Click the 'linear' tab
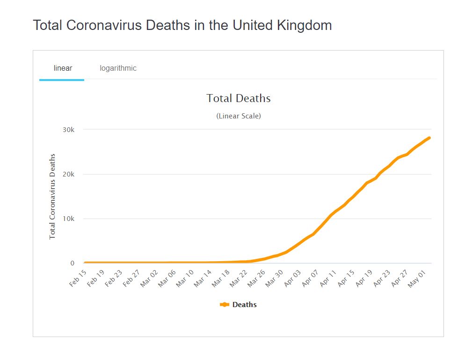point(63,68)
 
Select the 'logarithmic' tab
point(118,68)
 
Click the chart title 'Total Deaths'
point(239,98)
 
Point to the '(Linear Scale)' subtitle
point(239,116)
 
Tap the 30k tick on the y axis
point(69,130)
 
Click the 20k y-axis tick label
point(69,174)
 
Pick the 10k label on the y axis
point(69,219)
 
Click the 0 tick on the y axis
point(73,263)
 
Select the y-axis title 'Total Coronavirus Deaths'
point(52,196)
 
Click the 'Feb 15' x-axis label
point(79,278)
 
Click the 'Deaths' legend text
point(245,305)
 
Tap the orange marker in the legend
point(225,305)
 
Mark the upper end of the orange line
point(429,138)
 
